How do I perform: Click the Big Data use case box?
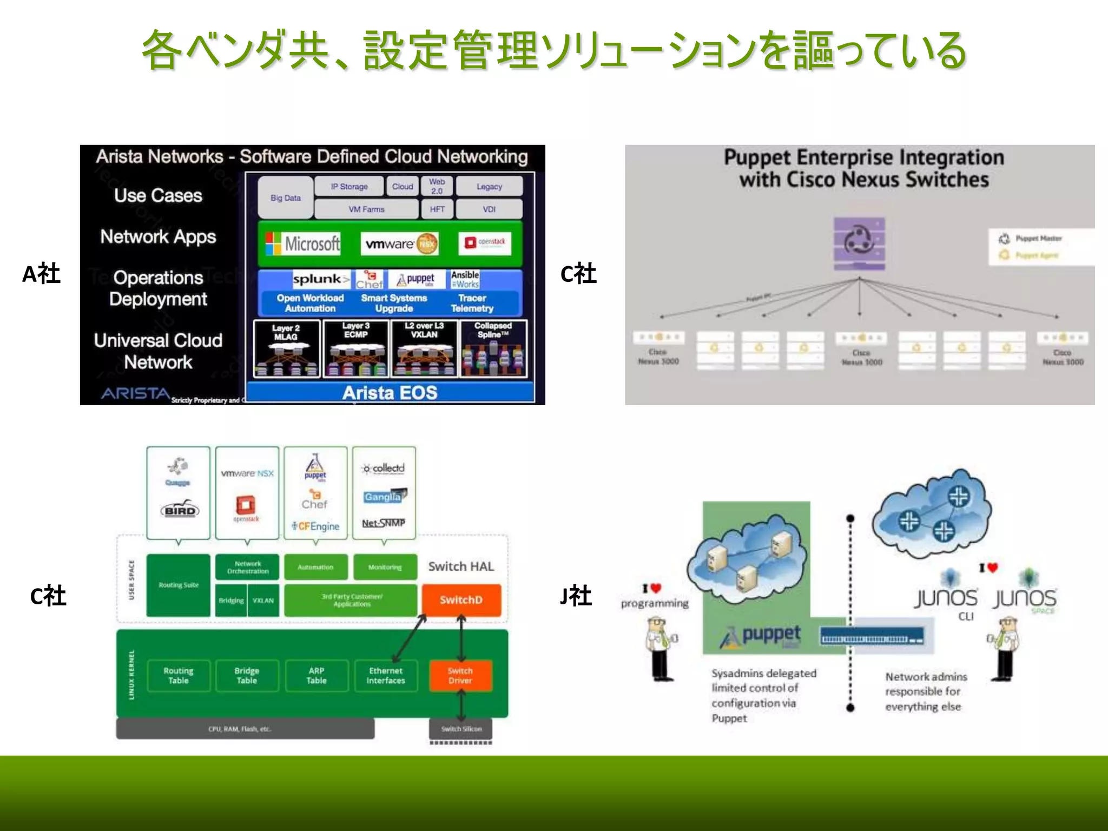click(285, 197)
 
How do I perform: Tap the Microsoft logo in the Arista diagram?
click(303, 243)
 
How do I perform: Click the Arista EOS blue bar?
click(390, 392)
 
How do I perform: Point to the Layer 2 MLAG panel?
click(286, 348)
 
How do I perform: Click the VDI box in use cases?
click(489, 209)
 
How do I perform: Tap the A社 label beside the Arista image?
click(41, 274)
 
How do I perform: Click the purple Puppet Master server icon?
click(859, 243)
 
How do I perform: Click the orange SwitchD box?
click(461, 599)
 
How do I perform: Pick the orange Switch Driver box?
click(460, 675)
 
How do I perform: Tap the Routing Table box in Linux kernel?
click(178, 675)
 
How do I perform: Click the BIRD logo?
click(180, 510)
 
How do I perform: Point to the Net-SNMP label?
click(383, 523)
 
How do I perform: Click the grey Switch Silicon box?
click(461, 729)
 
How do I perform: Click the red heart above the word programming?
click(656, 588)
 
